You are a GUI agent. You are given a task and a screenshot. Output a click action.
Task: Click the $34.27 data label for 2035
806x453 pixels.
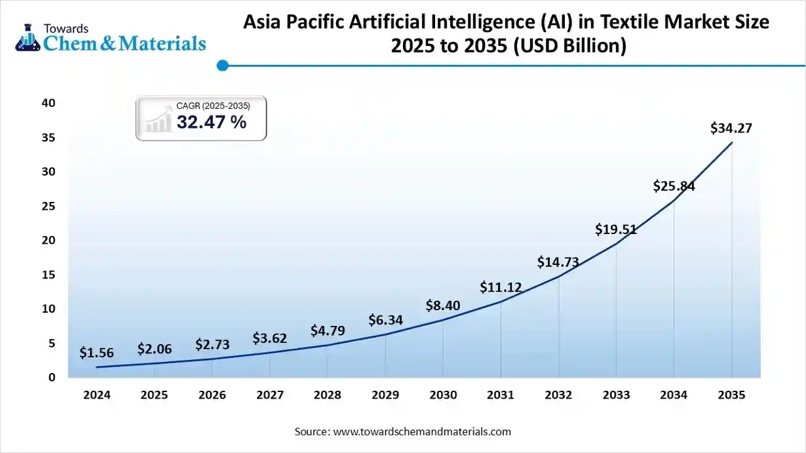[x=731, y=128]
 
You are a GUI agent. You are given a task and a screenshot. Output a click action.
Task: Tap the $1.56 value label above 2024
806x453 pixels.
[x=96, y=353]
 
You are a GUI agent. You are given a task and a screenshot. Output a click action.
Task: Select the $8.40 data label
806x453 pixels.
[x=443, y=305]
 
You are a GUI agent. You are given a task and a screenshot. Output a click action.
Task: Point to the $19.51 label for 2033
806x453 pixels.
[x=616, y=229]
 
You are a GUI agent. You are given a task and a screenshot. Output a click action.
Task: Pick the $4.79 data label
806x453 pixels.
[x=328, y=330]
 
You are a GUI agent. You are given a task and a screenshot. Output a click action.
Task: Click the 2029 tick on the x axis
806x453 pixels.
[x=385, y=395]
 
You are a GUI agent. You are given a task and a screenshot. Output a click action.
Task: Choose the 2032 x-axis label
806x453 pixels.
[x=558, y=395]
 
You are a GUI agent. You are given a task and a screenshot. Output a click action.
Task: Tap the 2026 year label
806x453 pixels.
[x=212, y=395]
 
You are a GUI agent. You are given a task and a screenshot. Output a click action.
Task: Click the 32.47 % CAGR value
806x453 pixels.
[x=211, y=122]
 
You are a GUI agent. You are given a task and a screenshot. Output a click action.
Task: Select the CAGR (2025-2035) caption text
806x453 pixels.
[x=213, y=106]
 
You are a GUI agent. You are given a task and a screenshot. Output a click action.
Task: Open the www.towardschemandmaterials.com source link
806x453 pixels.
[x=422, y=431]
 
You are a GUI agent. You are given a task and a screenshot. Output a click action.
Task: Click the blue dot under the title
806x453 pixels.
[x=222, y=65]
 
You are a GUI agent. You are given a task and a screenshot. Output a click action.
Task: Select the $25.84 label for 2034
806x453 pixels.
[x=674, y=186]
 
